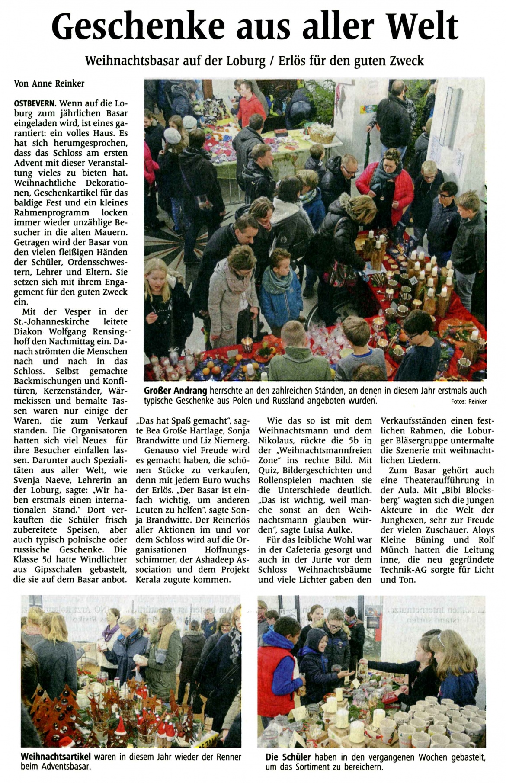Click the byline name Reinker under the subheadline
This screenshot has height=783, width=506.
pos(69,84)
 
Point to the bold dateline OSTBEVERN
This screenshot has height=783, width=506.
pos(35,103)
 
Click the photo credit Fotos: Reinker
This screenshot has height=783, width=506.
pos(469,401)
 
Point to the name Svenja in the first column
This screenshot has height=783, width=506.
pos(28,480)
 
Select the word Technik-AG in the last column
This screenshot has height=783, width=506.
pos(403,570)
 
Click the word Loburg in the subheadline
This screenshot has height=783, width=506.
pos(246,61)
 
